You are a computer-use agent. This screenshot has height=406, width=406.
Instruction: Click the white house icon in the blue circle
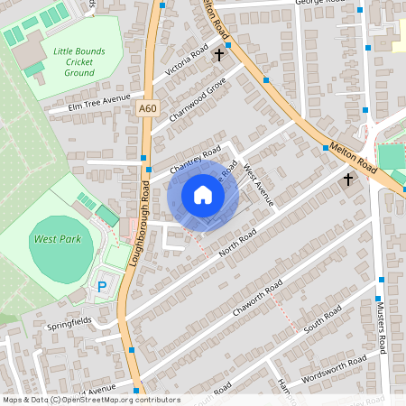[202, 194]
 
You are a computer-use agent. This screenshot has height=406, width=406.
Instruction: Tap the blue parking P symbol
[102, 287]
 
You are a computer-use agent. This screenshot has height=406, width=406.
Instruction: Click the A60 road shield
[148, 108]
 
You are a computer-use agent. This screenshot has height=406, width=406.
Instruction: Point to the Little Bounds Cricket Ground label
[73, 62]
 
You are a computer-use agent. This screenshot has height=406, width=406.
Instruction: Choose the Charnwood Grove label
[197, 98]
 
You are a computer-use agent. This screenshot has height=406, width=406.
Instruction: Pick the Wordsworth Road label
[336, 365]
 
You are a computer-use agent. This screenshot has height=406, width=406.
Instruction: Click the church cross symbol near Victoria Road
[218, 55]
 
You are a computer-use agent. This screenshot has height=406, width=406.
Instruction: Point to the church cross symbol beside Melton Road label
[348, 180]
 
